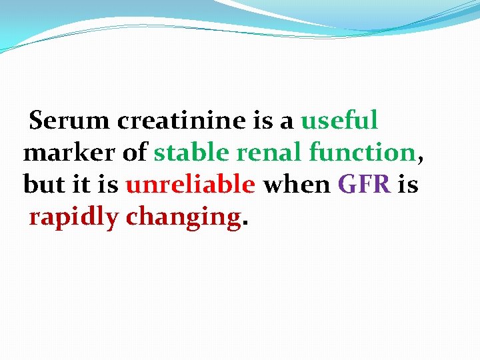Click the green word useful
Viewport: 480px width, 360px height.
339,121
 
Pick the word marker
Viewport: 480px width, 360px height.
70,153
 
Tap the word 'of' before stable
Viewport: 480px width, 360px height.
135,153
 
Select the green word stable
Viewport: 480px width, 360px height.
192,153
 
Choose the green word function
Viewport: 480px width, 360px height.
362,153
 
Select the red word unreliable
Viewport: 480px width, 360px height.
190,185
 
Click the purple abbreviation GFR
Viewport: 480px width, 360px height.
364,185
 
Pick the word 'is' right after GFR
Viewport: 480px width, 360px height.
408,185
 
